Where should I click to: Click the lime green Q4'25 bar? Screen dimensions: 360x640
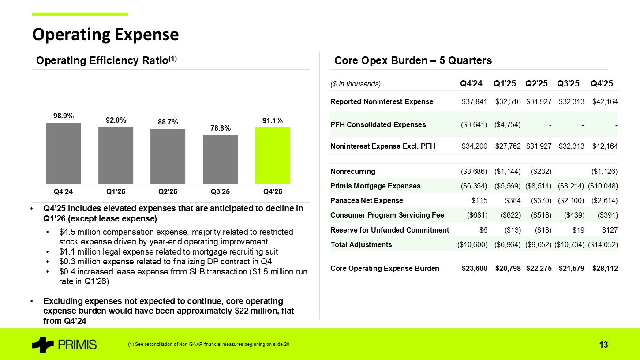[x=273, y=155]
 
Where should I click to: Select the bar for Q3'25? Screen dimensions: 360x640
[x=220, y=159]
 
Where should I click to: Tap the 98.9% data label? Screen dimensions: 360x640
[x=63, y=116]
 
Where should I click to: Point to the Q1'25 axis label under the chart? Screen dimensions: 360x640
[x=116, y=191]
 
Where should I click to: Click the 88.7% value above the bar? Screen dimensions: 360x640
[x=168, y=122]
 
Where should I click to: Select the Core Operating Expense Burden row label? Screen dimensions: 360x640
[x=385, y=268]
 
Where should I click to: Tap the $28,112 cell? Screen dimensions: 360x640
[x=604, y=268]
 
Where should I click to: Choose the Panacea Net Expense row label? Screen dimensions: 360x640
[x=367, y=201]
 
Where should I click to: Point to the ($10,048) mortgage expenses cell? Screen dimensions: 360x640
[x=603, y=186]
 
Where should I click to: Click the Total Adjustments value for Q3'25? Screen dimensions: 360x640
[x=570, y=244]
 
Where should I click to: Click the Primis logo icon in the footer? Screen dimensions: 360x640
[x=43, y=345]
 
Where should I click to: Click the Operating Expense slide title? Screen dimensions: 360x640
[x=105, y=34]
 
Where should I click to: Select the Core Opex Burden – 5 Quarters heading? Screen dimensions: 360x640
[x=413, y=60]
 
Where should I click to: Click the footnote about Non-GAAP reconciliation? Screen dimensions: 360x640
[x=206, y=344]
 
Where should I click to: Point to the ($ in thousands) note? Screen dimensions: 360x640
[x=355, y=84]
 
